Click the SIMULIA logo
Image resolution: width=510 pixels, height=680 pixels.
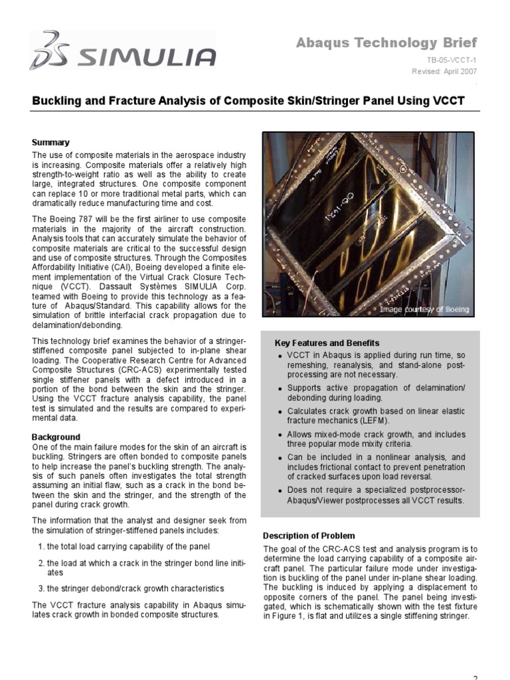(123, 50)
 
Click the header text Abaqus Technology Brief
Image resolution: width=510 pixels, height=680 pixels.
(386, 43)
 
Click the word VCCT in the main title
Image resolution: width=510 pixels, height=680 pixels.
(445, 101)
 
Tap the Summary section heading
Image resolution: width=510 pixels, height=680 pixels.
(50, 142)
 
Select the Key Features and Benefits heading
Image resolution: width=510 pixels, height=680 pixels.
(327, 343)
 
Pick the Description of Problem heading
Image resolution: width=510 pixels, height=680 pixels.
(309, 535)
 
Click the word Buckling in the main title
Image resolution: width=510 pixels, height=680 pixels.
(58, 101)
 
